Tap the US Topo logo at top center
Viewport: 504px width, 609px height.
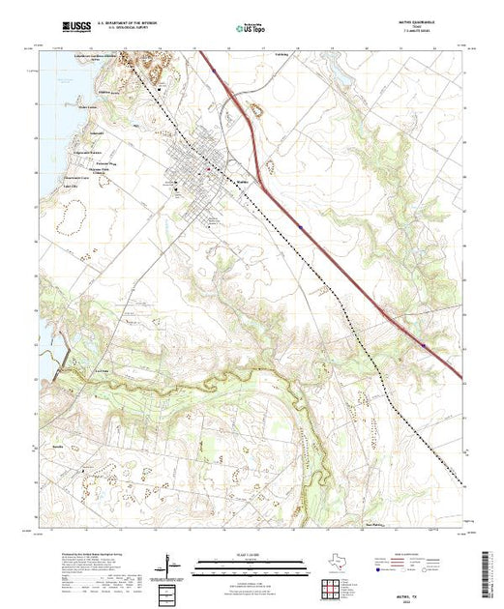coord(252,30)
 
